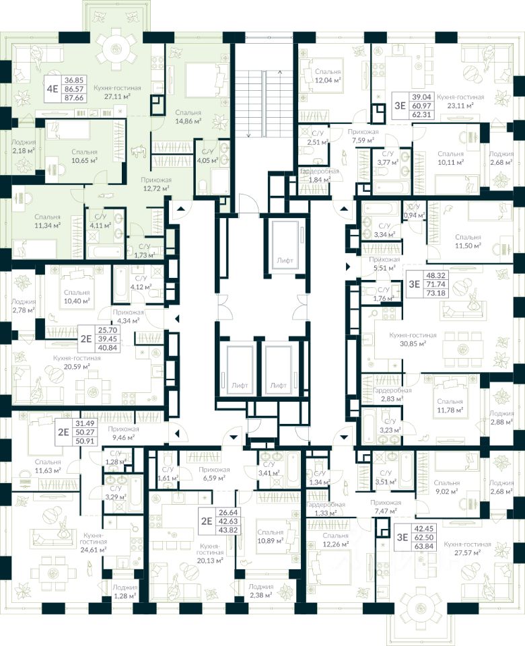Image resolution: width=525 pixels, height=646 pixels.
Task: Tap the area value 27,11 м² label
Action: [112, 96]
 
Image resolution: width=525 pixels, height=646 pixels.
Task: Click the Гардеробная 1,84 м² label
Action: [320, 176]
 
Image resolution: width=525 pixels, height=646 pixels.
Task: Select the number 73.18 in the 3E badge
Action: [435, 294]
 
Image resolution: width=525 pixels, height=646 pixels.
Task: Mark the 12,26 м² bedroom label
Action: [326, 543]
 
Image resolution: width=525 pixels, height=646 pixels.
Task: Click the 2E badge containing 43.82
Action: [215, 520]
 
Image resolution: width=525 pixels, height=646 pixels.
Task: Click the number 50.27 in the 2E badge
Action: [85, 433]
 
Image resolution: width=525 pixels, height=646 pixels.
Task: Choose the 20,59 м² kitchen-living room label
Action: [79, 362]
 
